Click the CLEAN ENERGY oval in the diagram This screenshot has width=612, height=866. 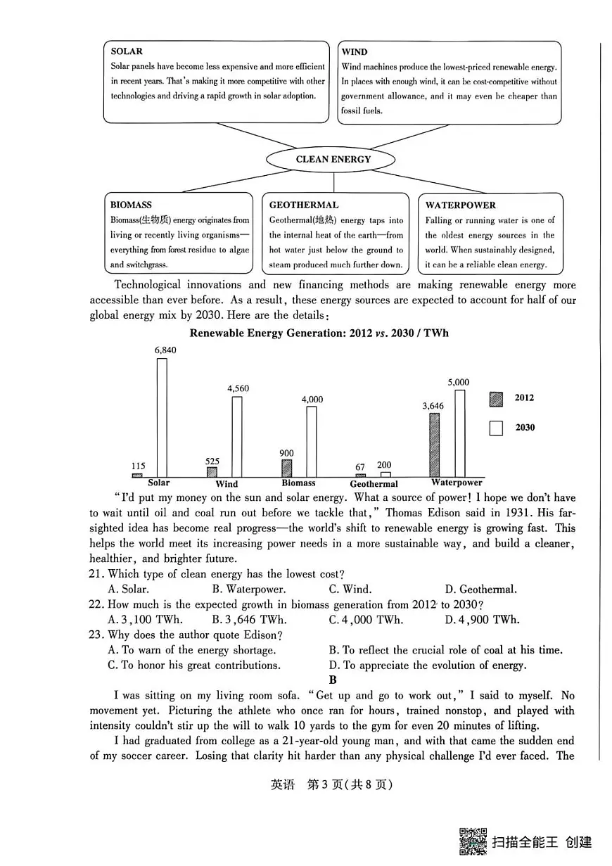click(x=333, y=159)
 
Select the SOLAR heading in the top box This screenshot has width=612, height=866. click(x=127, y=51)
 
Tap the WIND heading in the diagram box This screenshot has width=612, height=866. click(x=355, y=52)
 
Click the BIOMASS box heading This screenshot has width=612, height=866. click(x=131, y=205)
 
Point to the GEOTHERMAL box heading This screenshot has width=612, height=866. click(x=303, y=205)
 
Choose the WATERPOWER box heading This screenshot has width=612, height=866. click(x=460, y=205)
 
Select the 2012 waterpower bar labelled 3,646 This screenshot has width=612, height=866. click(x=435, y=445)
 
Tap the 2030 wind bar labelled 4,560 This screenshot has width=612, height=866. click(x=237, y=437)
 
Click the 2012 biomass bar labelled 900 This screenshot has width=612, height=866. click(x=286, y=469)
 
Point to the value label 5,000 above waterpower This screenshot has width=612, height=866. click(x=458, y=383)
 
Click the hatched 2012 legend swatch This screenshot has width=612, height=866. click(x=496, y=399)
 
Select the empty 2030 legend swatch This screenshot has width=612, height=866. click(x=496, y=428)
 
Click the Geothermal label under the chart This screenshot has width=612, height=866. click(x=374, y=484)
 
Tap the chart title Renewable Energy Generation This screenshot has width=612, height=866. click(x=319, y=333)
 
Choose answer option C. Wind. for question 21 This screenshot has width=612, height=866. click(x=350, y=590)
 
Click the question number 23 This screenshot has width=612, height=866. click(x=96, y=635)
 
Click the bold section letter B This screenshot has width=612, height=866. click(x=333, y=680)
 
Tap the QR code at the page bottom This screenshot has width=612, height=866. click(x=473, y=841)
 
